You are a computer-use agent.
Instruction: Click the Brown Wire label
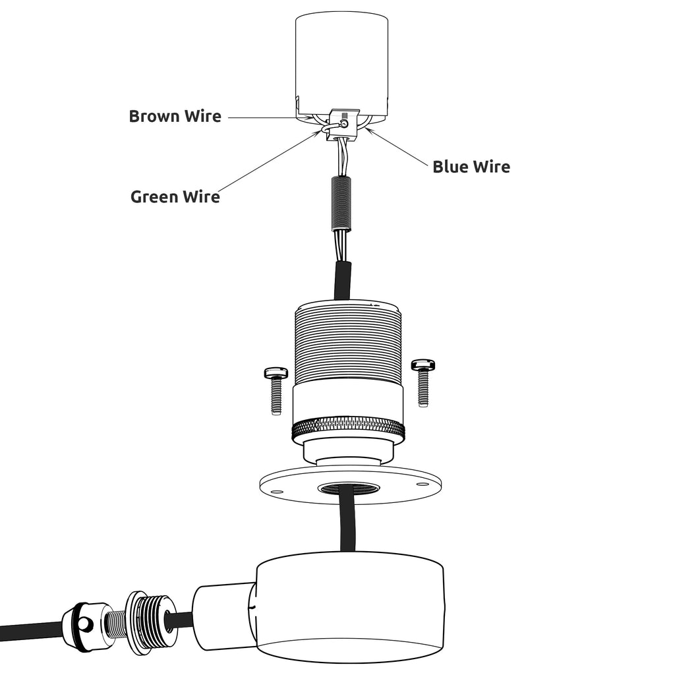[x=175, y=117]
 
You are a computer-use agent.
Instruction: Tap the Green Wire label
[x=175, y=196]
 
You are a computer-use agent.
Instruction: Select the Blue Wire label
[x=471, y=167]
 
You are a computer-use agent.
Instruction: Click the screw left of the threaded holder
[x=276, y=390]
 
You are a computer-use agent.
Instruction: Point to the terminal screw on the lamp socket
[x=344, y=123]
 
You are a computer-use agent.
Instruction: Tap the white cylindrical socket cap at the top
[x=340, y=59]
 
